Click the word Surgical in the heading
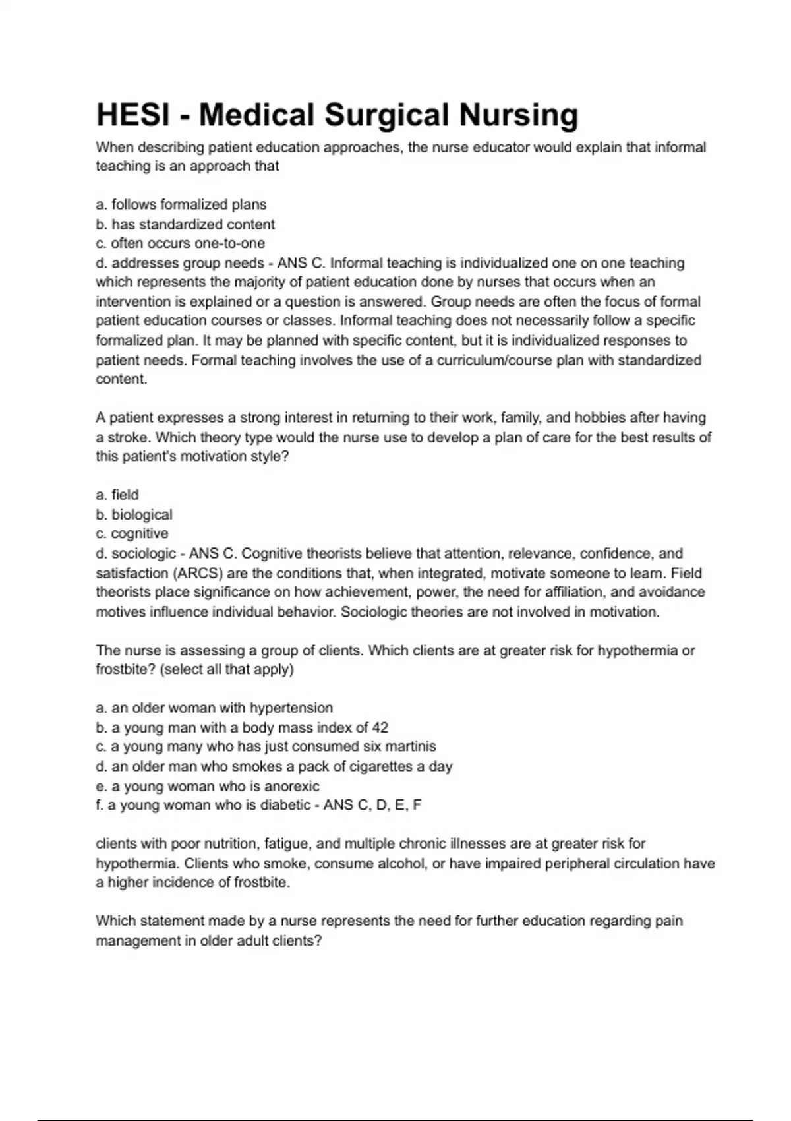click(x=387, y=115)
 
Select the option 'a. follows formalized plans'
click(x=181, y=204)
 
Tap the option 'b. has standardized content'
click(x=185, y=224)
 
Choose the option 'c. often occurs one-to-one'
click(x=181, y=243)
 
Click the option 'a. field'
click(x=117, y=495)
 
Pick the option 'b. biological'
click(x=134, y=514)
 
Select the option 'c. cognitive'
click(x=132, y=533)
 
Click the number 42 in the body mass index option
click(x=380, y=727)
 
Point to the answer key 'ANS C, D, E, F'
click(x=372, y=805)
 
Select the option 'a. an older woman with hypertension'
click(x=214, y=708)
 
